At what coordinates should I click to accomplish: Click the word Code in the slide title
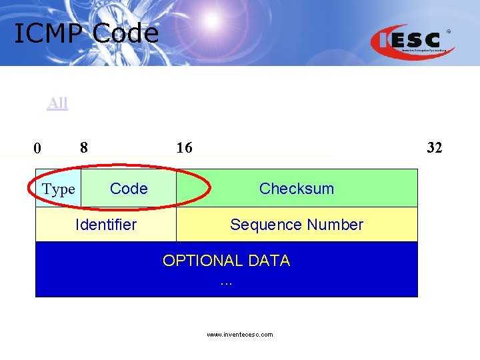(126, 33)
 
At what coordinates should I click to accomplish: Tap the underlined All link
(57, 103)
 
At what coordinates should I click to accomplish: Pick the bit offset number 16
(184, 147)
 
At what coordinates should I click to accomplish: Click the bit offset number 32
(434, 147)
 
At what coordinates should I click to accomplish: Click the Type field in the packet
(59, 189)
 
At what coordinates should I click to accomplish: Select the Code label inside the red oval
(129, 189)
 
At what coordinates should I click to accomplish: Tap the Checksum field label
(297, 189)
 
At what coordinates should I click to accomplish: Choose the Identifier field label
(106, 225)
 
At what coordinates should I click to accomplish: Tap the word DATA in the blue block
(267, 261)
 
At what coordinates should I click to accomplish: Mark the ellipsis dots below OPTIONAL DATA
(226, 282)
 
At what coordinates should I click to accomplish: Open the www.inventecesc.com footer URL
(239, 335)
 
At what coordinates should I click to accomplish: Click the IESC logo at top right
(410, 40)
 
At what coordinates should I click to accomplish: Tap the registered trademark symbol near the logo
(448, 31)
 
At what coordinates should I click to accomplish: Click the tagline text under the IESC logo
(428, 51)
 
